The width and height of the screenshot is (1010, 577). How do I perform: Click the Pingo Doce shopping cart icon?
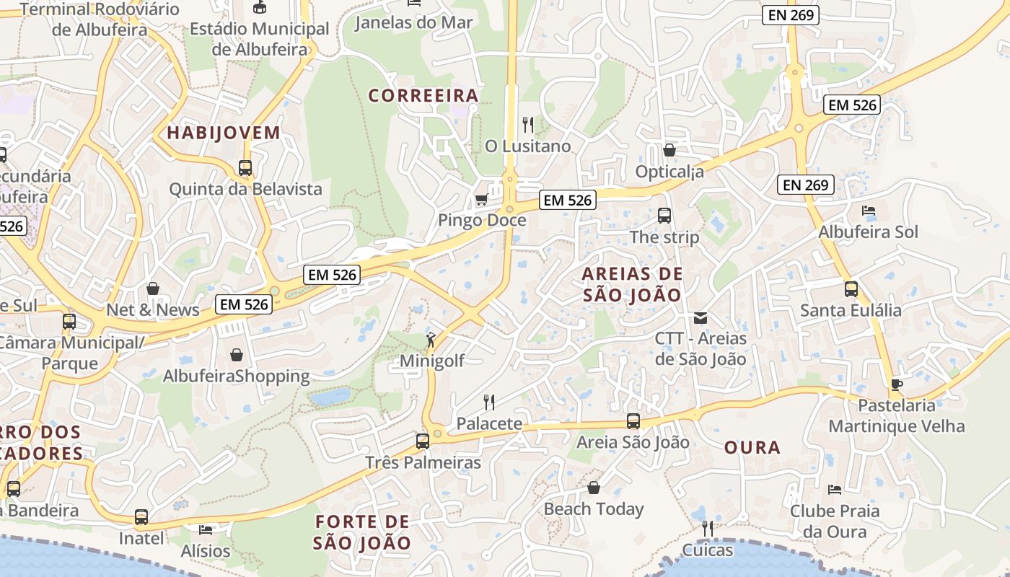(x=481, y=199)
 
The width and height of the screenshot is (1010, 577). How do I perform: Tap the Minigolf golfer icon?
(x=431, y=339)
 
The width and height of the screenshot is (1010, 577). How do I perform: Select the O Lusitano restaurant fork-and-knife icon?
(x=528, y=125)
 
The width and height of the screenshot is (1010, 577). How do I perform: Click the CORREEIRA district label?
(x=423, y=95)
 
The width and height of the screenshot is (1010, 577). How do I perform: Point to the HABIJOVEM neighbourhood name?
(x=223, y=133)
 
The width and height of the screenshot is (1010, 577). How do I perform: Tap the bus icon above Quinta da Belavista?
(x=245, y=168)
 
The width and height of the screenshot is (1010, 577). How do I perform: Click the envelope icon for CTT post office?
(x=700, y=317)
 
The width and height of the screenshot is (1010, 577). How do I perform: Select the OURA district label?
(x=752, y=447)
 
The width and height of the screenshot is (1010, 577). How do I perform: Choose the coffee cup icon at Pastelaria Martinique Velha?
(x=896, y=384)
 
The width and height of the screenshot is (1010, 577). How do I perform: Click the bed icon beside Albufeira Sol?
(x=869, y=211)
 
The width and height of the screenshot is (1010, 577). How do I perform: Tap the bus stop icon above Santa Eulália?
(x=851, y=289)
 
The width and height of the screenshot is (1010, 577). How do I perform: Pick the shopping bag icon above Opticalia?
(x=669, y=150)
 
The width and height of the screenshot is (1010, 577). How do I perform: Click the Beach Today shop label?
(x=593, y=508)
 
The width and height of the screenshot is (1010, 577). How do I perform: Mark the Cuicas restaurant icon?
(x=707, y=529)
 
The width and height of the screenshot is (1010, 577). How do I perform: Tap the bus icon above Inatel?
(x=141, y=517)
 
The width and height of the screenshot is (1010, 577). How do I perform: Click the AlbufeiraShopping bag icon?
(x=236, y=355)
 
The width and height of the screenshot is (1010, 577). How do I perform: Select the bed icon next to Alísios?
(x=206, y=530)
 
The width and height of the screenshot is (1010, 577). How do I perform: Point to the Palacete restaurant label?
(x=489, y=423)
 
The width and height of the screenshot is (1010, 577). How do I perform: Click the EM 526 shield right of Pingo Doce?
(x=568, y=200)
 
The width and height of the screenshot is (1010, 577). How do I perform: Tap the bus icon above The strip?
(x=664, y=216)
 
